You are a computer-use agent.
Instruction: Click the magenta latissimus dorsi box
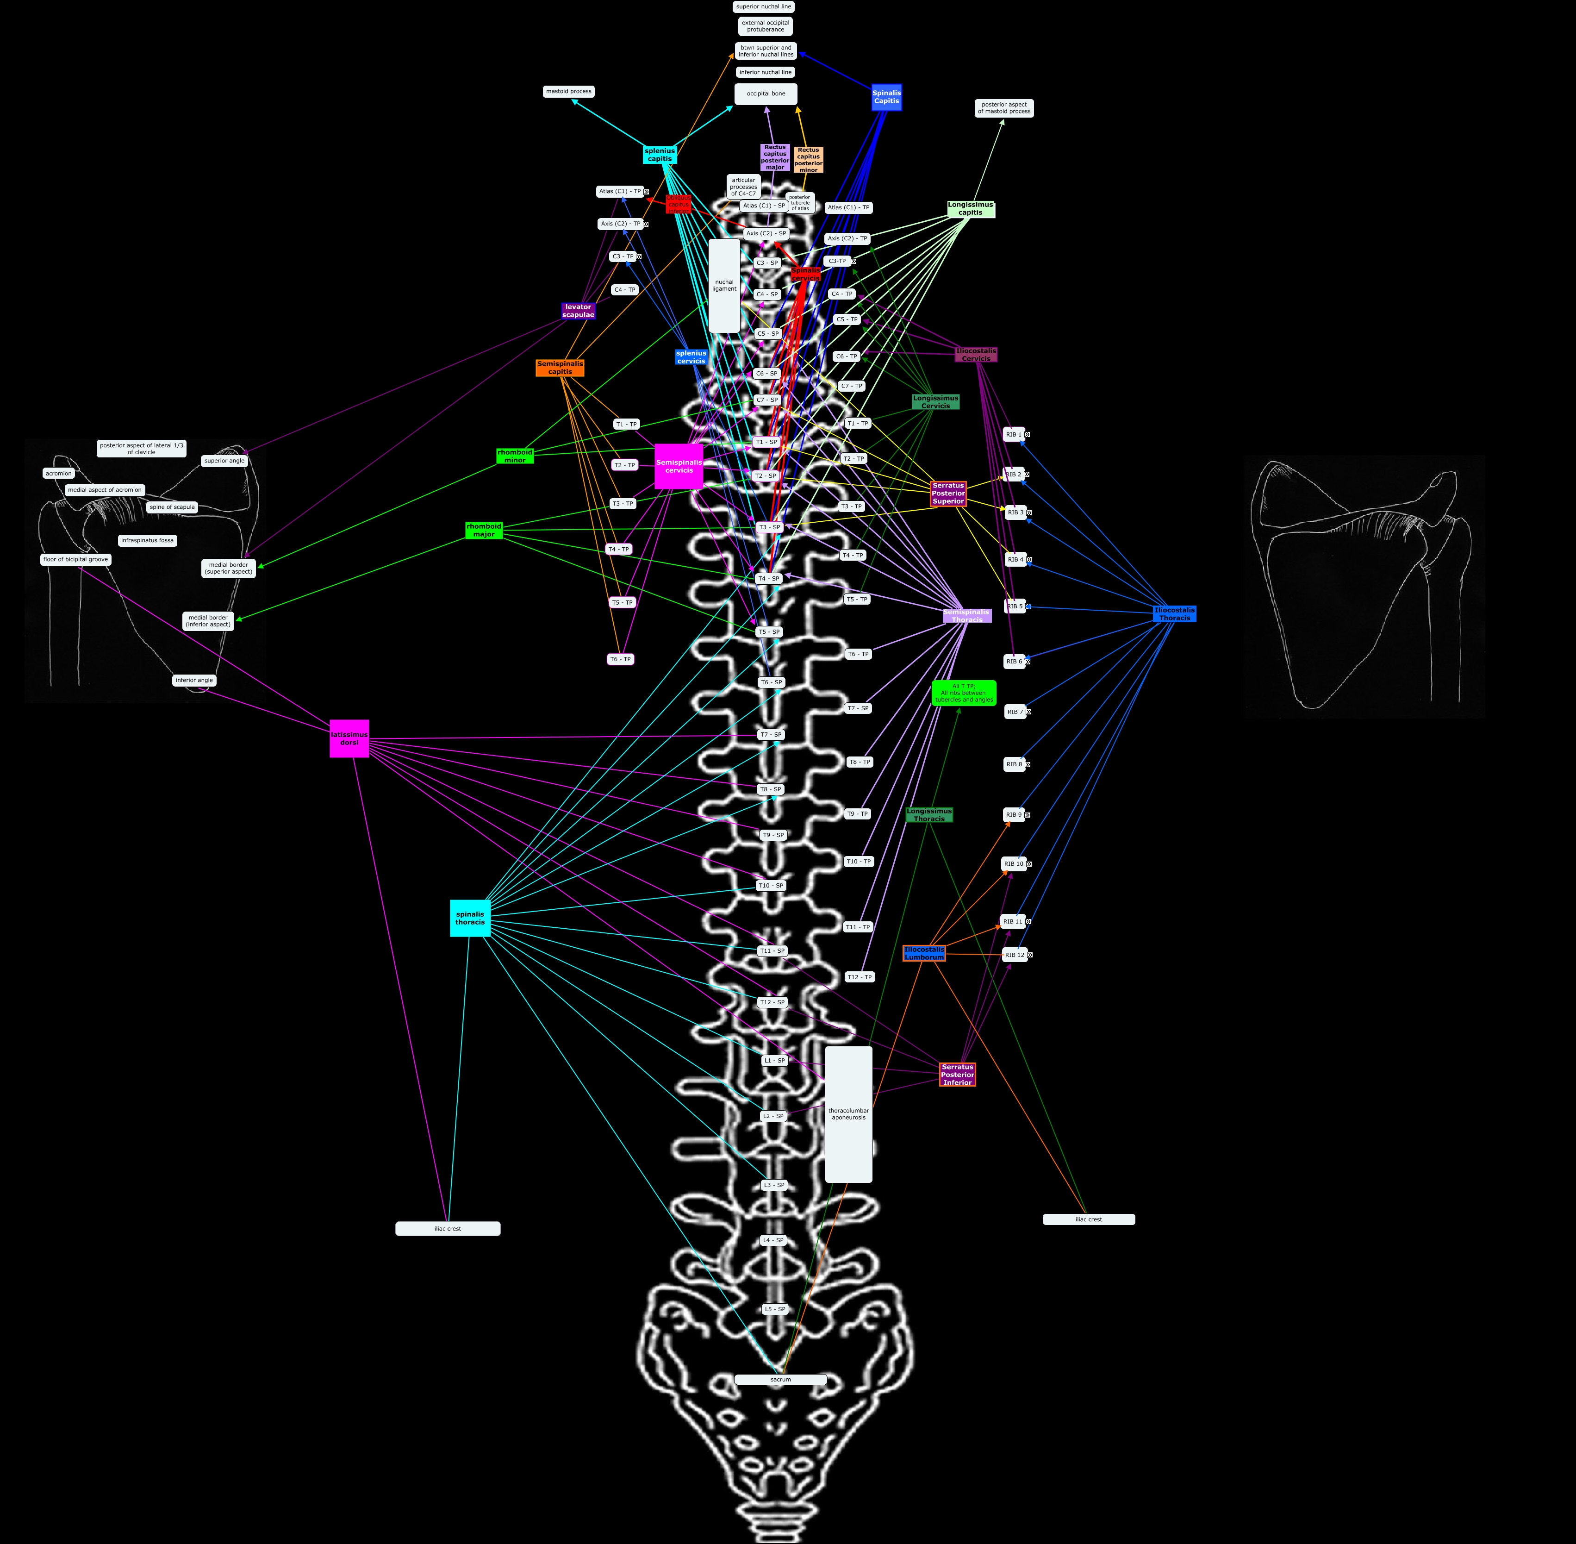pos(349,738)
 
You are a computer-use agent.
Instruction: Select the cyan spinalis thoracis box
pos(470,918)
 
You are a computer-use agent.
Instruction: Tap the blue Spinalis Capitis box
pos(886,97)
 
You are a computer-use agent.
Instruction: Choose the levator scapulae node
pos(578,311)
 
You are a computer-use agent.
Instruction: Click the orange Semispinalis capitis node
pos(560,367)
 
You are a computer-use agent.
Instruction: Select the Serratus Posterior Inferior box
pos(958,1075)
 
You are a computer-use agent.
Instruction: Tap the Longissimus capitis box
pos(971,208)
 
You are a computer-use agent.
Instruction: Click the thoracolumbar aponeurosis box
pos(849,1114)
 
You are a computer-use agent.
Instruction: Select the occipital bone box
pos(766,94)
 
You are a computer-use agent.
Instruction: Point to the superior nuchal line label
pos(764,6)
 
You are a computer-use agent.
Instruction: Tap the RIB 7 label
pos(1014,711)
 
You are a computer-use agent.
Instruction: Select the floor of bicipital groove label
pos(75,560)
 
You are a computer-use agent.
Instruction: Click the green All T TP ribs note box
pos(964,693)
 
